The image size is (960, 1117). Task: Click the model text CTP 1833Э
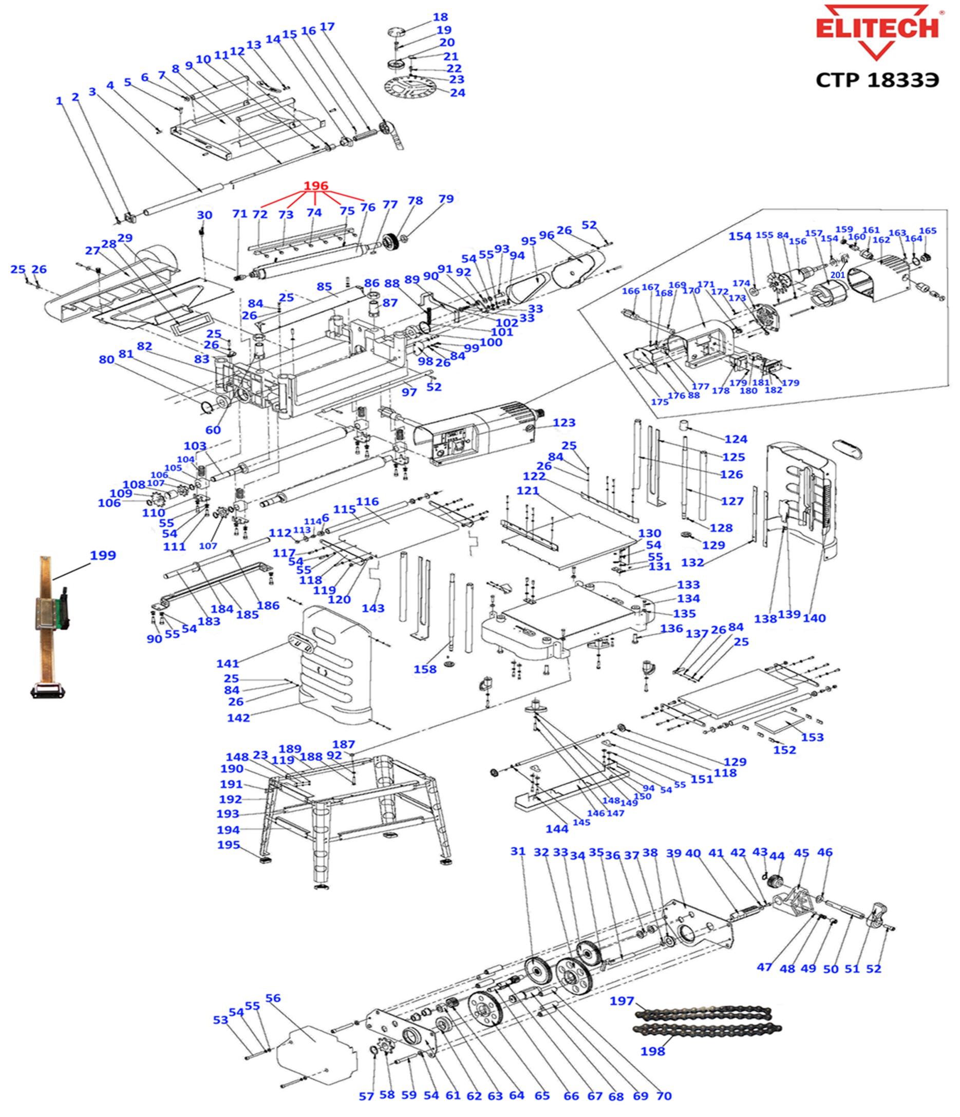click(x=877, y=80)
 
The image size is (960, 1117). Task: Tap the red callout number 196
click(x=315, y=186)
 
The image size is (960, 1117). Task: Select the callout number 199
click(x=103, y=555)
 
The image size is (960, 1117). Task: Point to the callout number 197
click(x=622, y=1001)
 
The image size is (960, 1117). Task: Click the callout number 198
click(x=652, y=1051)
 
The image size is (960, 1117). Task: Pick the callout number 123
click(x=563, y=423)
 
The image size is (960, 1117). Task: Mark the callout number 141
click(x=228, y=664)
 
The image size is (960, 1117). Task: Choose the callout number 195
click(x=228, y=845)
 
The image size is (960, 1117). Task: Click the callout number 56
click(x=273, y=998)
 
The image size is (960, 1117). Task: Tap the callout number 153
click(x=812, y=737)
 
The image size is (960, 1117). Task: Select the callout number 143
click(x=373, y=608)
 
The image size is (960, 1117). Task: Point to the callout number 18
click(x=440, y=17)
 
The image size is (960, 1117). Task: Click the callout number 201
click(x=837, y=275)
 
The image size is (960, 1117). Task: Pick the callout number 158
click(x=424, y=670)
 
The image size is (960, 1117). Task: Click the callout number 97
click(x=409, y=392)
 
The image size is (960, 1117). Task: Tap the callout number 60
click(x=213, y=430)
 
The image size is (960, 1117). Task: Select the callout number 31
click(x=518, y=851)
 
